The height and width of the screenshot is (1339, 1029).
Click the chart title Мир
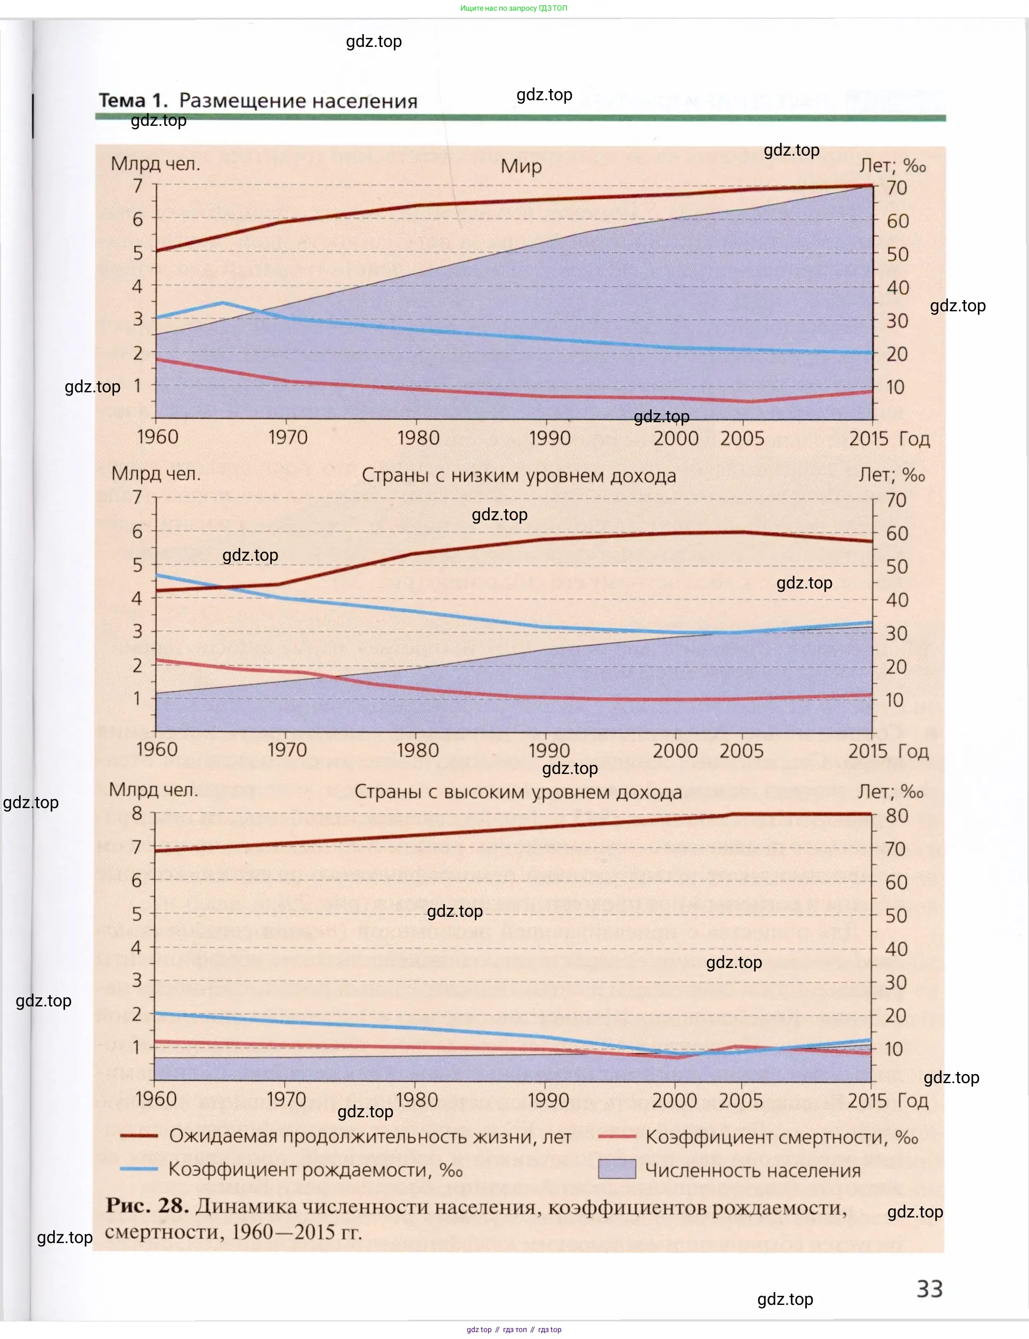pyautogui.click(x=521, y=166)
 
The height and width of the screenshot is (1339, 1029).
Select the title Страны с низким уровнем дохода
pyautogui.click(x=519, y=475)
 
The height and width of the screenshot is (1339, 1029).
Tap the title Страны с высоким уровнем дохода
pyautogui.click(x=518, y=792)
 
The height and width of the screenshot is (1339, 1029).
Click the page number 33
pyautogui.click(x=929, y=1289)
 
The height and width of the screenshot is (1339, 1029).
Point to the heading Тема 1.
pyautogui.click(x=133, y=100)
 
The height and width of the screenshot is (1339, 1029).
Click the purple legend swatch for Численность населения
pyautogui.click(x=617, y=1169)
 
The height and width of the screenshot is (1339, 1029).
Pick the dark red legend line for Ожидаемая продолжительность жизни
pyautogui.click(x=139, y=1135)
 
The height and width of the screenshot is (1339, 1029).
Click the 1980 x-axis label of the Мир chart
pyautogui.click(x=418, y=438)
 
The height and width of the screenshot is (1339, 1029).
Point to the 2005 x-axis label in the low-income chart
pyautogui.click(x=741, y=751)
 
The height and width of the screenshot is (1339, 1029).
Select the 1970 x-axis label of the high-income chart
pyautogui.click(x=286, y=1100)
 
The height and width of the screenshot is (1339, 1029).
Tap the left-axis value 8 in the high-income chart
pyautogui.click(x=137, y=813)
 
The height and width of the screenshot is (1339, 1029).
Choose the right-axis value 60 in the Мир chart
pyautogui.click(x=897, y=221)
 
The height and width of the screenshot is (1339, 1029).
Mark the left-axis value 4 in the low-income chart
pyautogui.click(x=137, y=598)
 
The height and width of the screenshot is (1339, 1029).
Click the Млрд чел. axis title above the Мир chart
pyautogui.click(x=155, y=164)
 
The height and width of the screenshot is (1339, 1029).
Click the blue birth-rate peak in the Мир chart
pyautogui.click(x=222, y=303)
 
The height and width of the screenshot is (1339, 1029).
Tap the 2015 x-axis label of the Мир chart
pyautogui.click(x=869, y=439)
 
